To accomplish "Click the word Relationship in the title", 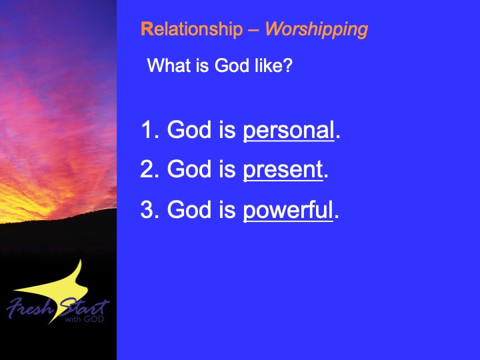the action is click(x=191, y=30).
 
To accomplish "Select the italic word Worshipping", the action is click(x=316, y=30).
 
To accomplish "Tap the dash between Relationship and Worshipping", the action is click(x=254, y=31).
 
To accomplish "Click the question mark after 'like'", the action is click(x=289, y=65).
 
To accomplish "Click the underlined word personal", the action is click(x=289, y=131).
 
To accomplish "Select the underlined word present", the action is click(x=283, y=170).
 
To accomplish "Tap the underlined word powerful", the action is click(x=288, y=211).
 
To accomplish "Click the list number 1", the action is click(x=147, y=129).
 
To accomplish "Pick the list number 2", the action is click(x=147, y=169).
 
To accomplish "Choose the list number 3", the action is click(x=147, y=209).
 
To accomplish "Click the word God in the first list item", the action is click(x=189, y=129).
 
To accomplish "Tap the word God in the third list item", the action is click(x=189, y=209).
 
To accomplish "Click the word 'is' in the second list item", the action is click(x=227, y=169).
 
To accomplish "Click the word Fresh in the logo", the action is click(x=30, y=307).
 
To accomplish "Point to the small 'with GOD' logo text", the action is click(x=85, y=319).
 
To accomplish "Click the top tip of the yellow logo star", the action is click(x=81, y=259).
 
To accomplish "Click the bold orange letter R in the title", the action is click(x=147, y=30).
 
